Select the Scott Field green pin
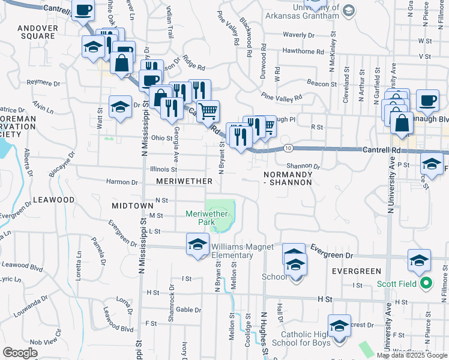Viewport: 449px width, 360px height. click(426, 283)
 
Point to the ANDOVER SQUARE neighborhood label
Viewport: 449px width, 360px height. click(37, 32)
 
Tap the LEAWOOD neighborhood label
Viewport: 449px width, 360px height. click(53, 199)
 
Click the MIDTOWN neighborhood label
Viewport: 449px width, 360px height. click(133, 206)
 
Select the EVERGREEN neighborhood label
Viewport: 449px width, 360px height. click(357, 272)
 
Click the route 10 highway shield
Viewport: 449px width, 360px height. click(289, 148)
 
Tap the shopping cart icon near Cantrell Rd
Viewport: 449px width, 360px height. click(208, 111)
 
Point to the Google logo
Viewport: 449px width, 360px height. click(20, 353)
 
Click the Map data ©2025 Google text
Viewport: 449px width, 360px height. click(412, 355)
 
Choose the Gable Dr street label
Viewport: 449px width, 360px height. click(188, 310)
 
